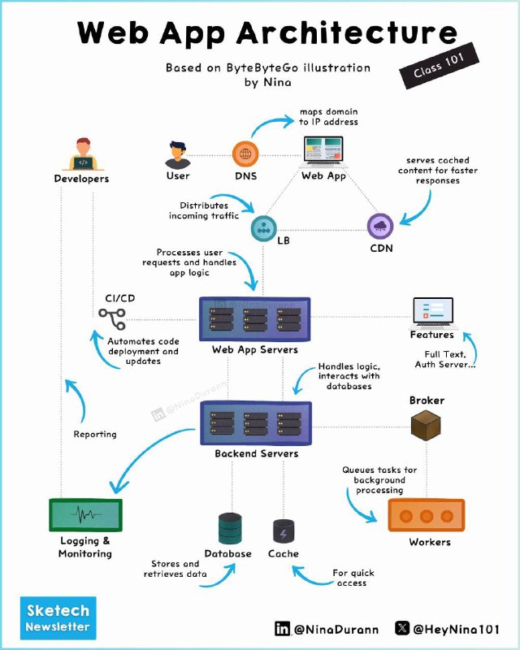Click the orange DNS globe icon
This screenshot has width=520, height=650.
(245, 154)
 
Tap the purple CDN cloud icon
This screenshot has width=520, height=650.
(380, 227)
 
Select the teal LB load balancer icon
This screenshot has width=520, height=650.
(263, 228)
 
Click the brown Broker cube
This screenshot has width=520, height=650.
(426, 425)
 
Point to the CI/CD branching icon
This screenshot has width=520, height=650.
(112, 318)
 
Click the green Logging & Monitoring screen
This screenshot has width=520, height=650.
(86, 515)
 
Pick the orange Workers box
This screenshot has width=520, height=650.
(427, 515)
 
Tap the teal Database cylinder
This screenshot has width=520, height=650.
(230, 529)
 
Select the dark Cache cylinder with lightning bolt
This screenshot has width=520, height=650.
(284, 531)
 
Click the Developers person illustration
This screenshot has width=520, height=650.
(83, 154)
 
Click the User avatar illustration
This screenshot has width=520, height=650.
(178, 155)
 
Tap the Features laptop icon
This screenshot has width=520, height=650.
(433, 313)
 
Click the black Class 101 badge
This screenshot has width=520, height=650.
(439, 66)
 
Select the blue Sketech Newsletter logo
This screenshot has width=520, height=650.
(58, 617)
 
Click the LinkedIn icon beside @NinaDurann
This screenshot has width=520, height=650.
(283, 628)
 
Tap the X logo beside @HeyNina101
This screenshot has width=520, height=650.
(402, 627)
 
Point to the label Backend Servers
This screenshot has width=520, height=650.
(257, 453)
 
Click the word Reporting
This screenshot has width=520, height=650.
(95, 434)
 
